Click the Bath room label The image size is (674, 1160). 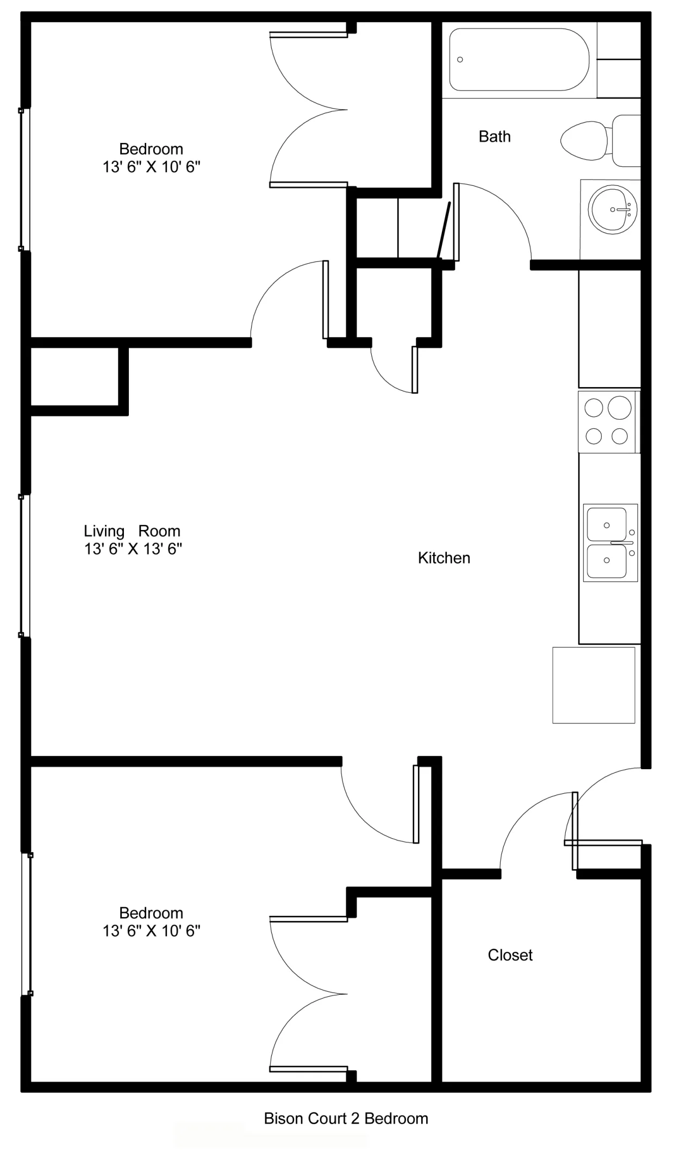click(495, 136)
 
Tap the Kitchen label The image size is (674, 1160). click(444, 558)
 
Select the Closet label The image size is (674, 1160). click(510, 955)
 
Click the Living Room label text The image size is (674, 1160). click(132, 531)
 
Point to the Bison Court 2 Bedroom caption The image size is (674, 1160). click(346, 1118)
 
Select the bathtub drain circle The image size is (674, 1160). click(460, 59)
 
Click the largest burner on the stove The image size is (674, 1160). click(619, 407)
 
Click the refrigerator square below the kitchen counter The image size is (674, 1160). click(594, 685)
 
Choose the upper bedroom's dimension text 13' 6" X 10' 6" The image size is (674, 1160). click(151, 167)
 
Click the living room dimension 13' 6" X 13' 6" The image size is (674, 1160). click(133, 549)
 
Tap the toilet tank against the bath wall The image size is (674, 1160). click(627, 141)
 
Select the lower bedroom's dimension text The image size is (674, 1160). click(151, 931)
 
